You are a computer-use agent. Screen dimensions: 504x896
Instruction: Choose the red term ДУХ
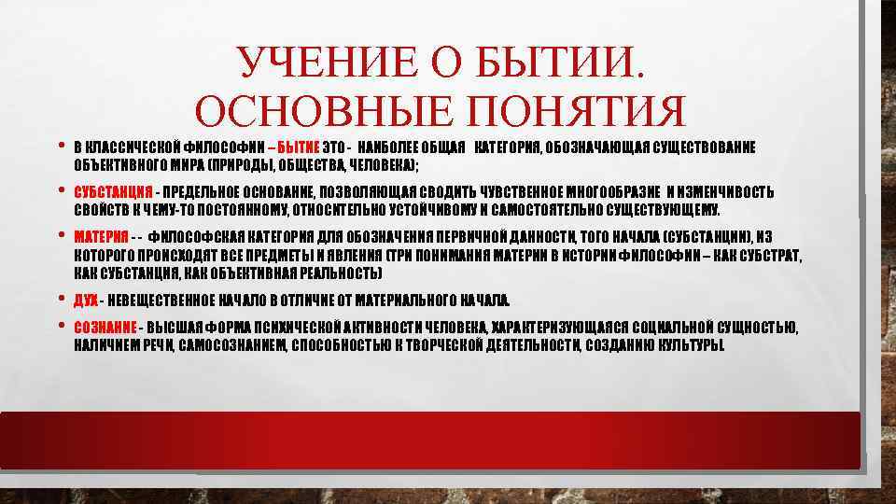pos(85,300)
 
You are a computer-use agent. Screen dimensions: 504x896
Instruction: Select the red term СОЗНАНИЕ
pos(105,326)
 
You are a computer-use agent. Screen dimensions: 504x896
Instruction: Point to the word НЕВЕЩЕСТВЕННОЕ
pos(169,300)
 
